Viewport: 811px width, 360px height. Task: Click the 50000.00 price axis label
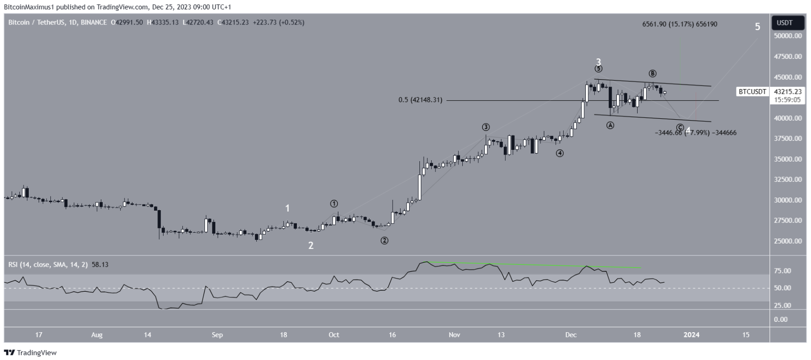pos(788,36)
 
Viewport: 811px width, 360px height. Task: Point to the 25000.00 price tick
pos(788,241)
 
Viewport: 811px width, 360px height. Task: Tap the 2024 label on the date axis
pos(691,335)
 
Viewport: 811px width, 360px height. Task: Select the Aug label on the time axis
pos(97,335)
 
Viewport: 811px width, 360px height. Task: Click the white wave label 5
pos(757,27)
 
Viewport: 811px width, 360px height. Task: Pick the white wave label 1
pos(287,208)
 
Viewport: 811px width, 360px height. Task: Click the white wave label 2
pos(311,245)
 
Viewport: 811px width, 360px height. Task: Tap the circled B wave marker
pos(652,74)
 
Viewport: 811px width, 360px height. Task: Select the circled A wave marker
pos(610,125)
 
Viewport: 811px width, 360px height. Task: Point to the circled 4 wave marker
pos(559,153)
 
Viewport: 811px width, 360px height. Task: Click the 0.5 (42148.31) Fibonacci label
pos(420,100)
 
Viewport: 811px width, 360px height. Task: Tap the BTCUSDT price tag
pos(752,92)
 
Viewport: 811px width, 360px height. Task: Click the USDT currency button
pos(785,23)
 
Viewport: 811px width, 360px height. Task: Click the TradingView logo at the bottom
pos(31,352)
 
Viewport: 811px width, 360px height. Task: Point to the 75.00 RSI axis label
pos(782,271)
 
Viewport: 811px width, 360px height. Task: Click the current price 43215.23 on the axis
pos(788,92)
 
